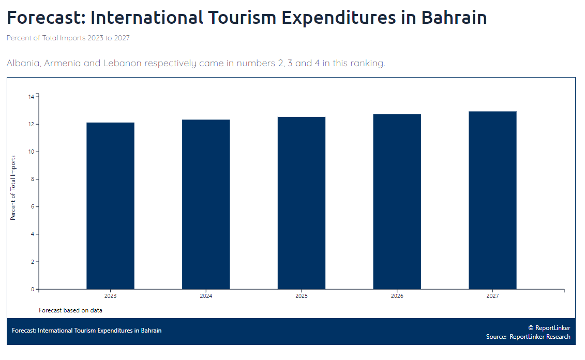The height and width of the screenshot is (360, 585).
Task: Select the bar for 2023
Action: click(x=110, y=206)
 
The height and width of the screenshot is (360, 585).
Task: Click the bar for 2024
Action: click(x=206, y=204)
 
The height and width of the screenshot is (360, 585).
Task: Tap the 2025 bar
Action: click(x=302, y=203)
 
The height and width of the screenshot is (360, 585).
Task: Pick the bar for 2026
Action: click(x=397, y=202)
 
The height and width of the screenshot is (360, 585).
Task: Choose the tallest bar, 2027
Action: click(x=492, y=200)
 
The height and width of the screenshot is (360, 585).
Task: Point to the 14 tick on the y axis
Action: click(x=31, y=97)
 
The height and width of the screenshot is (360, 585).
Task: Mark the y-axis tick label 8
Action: click(x=32, y=179)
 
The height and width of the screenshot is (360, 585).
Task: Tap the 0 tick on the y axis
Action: click(x=32, y=289)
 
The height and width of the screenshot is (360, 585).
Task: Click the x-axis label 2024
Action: click(x=206, y=296)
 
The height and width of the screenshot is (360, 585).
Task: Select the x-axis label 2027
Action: click(x=492, y=296)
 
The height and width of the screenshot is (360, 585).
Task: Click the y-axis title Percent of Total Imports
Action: click(x=13, y=187)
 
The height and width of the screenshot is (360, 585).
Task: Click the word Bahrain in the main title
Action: click(x=454, y=18)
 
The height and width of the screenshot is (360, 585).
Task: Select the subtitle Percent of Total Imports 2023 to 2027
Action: click(x=68, y=38)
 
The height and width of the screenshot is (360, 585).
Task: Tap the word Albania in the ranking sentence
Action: click(x=23, y=63)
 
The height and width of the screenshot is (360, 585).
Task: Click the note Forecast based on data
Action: click(x=70, y=310)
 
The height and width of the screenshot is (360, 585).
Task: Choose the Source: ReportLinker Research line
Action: click(x=528, y=337)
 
